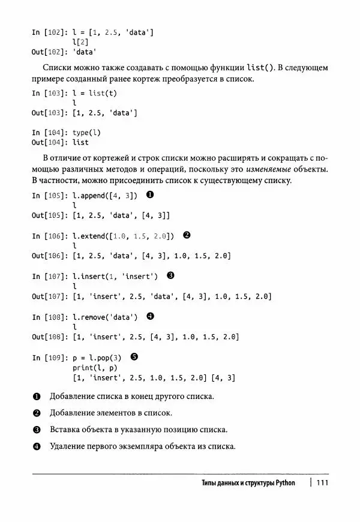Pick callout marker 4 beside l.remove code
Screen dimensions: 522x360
(149, 316)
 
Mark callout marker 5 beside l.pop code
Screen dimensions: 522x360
(134, 356)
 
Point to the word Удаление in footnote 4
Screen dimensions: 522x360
(70, 446)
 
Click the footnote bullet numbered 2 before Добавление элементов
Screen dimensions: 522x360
(37, 413)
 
